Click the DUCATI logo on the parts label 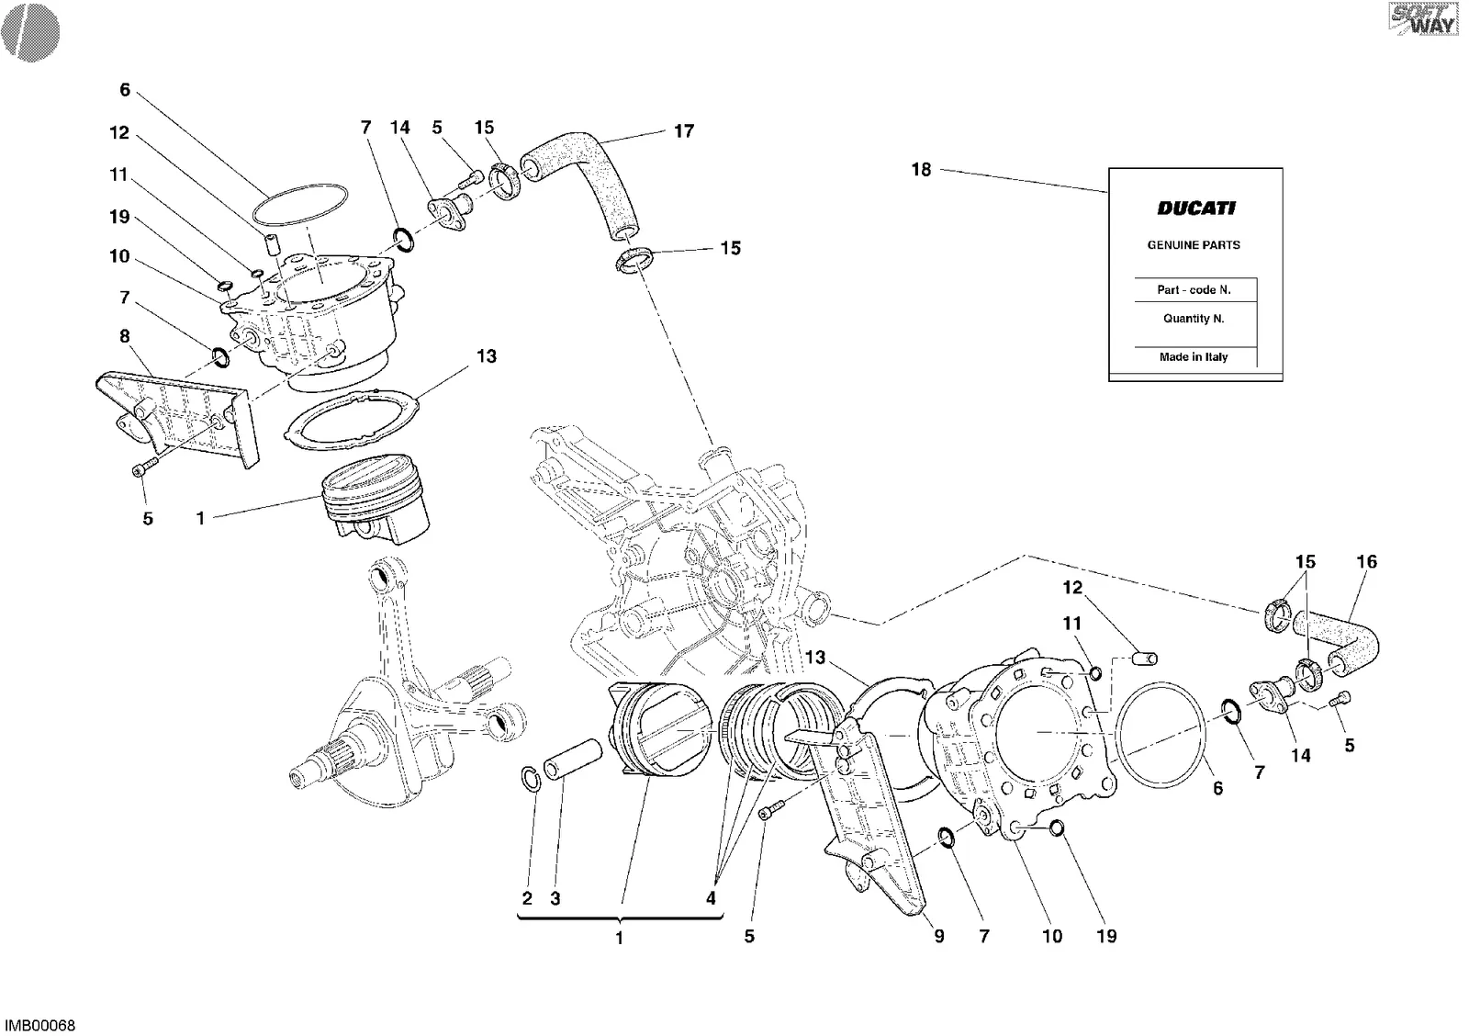click(x=1196, y=208)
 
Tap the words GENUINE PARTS click(x=1194, y=244)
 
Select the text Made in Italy click(x=1194, y=357)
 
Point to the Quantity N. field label click(x=1194, y=318)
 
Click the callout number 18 click(x=922, y=170)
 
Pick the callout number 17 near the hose click(x=684, y=131)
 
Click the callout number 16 click(x=1367, y=562)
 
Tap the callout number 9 click(x=939, y=936)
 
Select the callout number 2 click(x=527, y=898)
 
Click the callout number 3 click(x=555, y=898)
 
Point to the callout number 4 click(x=711, y=898)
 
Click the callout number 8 click(x=125, y=336)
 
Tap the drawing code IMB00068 click(x=40, y=1026)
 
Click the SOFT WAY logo click(x=1423, y=19)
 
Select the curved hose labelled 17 click(x=578, y=187)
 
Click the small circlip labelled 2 click(x=531, y=779)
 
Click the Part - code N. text click(x=1194, y=289)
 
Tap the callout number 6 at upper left click(x=125, y=90)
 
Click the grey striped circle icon click(x=31, y=32)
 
